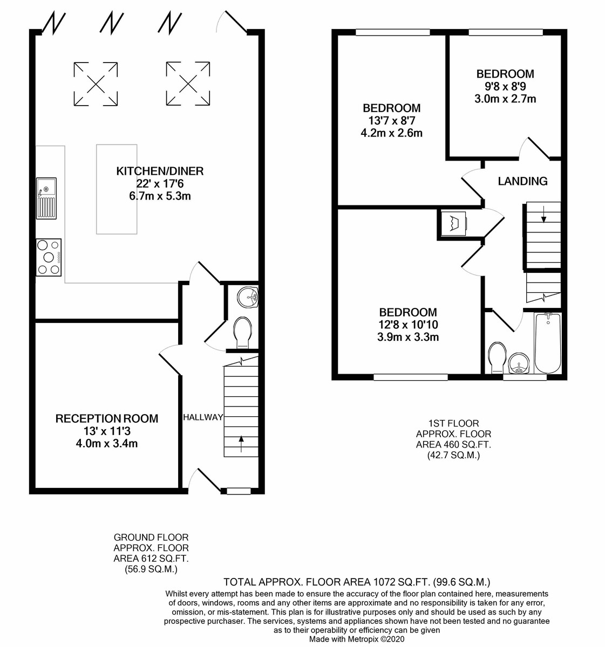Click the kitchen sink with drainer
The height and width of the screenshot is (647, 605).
click(46, 198)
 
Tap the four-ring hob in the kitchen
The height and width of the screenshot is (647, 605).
click(49, 258)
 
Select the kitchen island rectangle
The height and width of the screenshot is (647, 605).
click(117, 189)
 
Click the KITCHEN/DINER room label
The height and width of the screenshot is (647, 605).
click(160, 171)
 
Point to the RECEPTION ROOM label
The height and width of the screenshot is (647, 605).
click(107, 418)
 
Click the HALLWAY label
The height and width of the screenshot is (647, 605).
click(203, 417)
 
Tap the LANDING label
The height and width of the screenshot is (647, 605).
click(522, 181)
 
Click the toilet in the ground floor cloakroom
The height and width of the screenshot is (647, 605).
click(242, 333)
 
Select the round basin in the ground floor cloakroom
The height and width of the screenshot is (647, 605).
click(248, 297)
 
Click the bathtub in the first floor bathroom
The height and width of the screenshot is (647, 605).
click(547, 343)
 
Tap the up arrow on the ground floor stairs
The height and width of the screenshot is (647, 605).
click(241, 444)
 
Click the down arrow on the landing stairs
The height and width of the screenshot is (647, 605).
click(543, 215)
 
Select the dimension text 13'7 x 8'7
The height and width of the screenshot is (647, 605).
click(391, 121)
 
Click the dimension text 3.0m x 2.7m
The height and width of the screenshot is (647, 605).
click(505, 99)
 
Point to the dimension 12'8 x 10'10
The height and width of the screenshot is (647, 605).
click(407, 325)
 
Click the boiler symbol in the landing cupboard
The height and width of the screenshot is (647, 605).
click(454, 224)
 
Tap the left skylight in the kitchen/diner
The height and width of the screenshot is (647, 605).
click(96, 84)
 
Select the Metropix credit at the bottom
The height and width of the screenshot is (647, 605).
click(357, 639)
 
